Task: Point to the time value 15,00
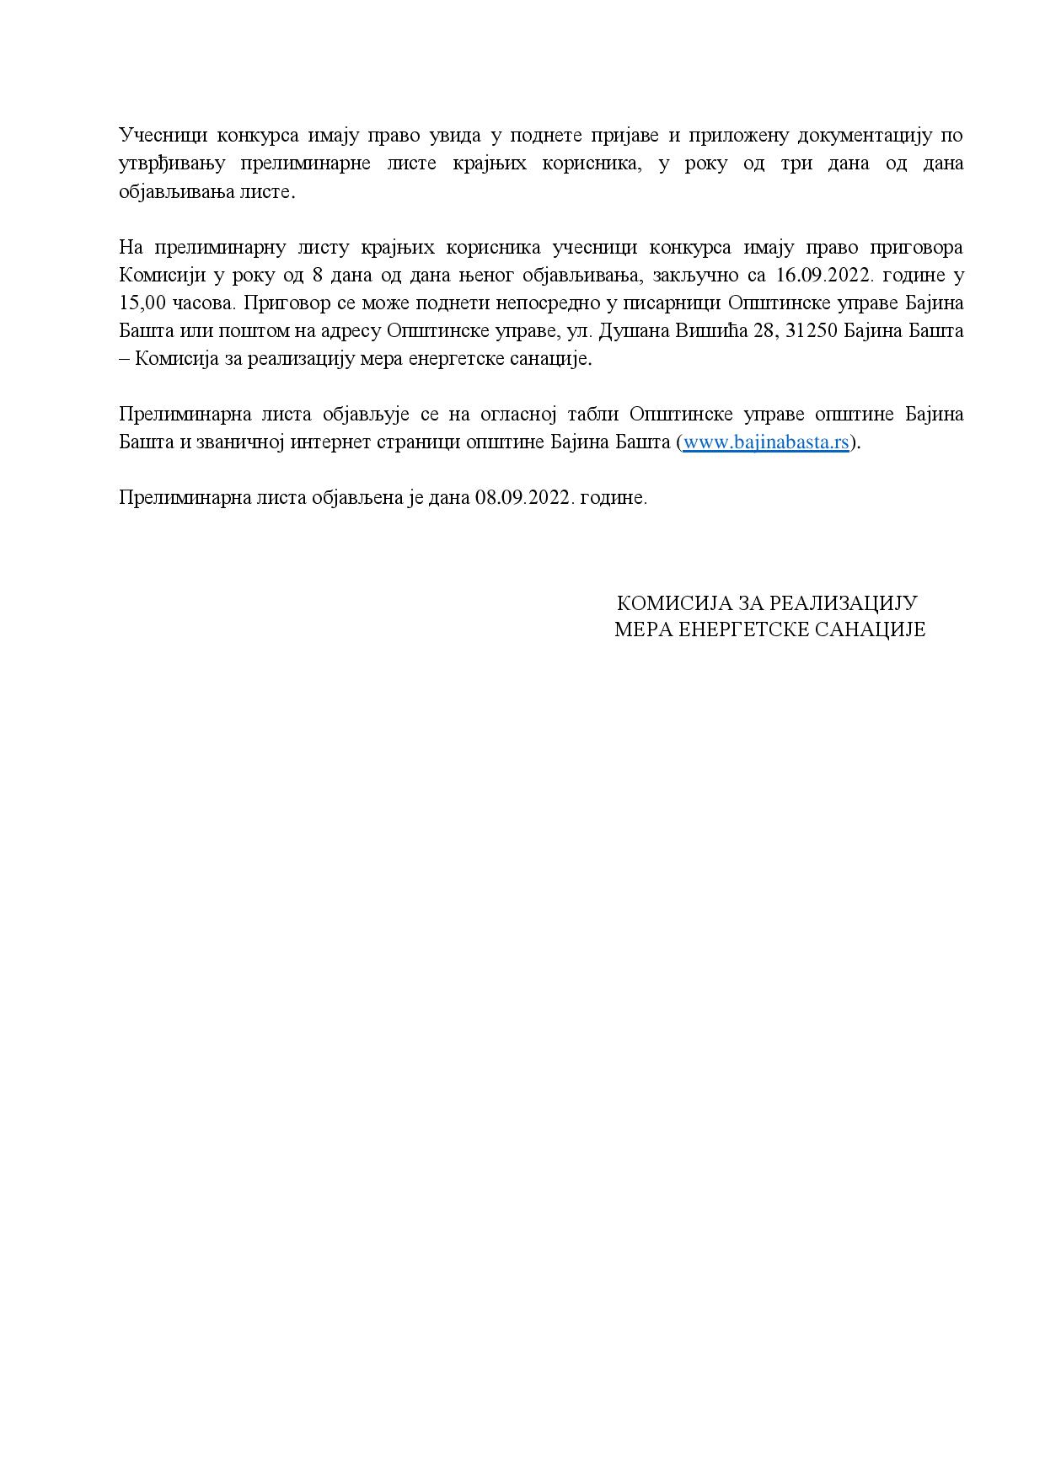pyautogui.click(x=142, y=303)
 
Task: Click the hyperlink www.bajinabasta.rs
pyautogui.click(x=764, y=442)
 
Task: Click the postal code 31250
pyautogui.click(x=811, y=331)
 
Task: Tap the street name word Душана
pyautogui.click(x=631, y=331)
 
